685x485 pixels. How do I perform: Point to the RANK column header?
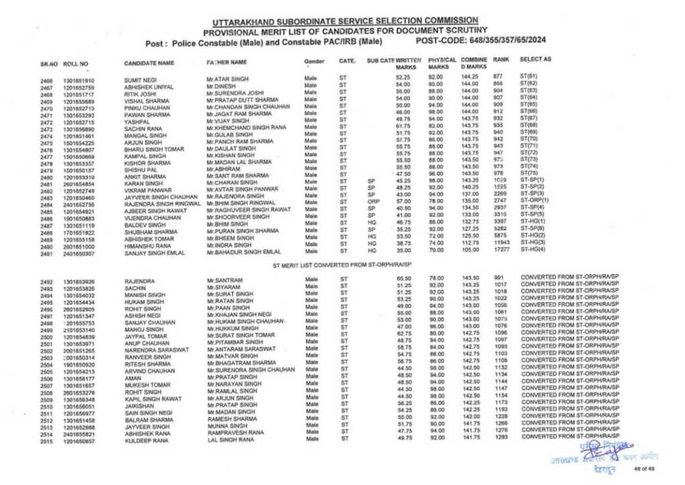point(501,60)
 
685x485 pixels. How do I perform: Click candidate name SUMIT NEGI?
point(140,80)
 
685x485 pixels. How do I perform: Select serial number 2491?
point(47,255)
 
